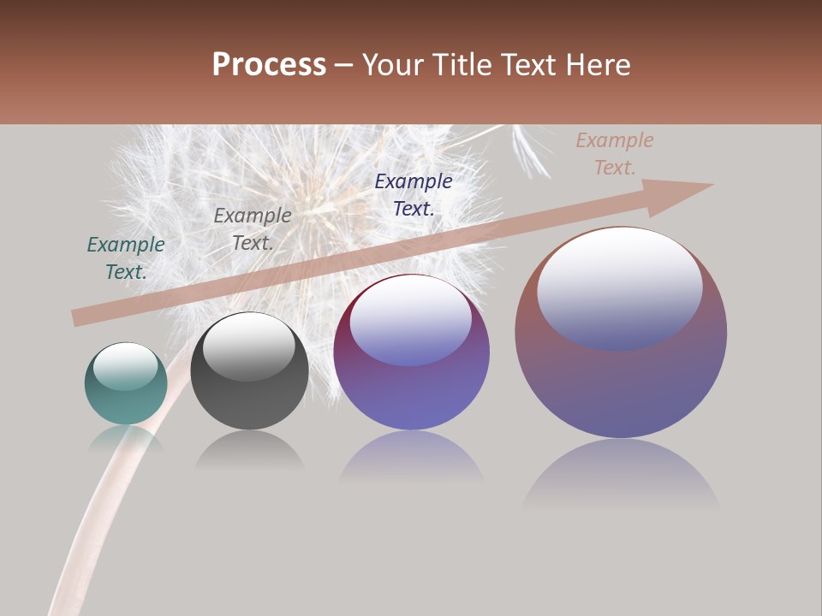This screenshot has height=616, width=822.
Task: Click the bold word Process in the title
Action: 269,65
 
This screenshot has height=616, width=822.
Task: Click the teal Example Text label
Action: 126,258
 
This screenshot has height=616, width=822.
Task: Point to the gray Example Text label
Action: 253,229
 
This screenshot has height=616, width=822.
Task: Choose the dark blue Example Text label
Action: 414,195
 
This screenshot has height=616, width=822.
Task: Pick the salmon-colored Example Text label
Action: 615,154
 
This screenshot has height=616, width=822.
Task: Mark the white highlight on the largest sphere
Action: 620,287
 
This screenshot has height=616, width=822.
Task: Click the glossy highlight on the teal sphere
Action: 125,366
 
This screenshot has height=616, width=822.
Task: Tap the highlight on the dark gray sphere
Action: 248,346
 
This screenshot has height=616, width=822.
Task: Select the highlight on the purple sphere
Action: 411,320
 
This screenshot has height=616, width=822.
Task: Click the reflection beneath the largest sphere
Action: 621,475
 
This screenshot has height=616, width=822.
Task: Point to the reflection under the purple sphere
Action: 412,458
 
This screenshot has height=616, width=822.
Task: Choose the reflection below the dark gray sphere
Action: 249,450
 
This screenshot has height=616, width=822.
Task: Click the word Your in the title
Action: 395,65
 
